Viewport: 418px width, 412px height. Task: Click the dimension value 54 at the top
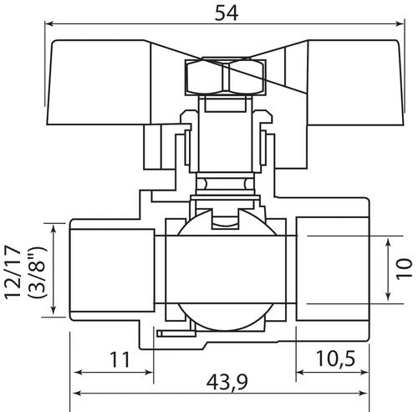(227, 13)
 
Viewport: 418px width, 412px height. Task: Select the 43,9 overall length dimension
(227, 382)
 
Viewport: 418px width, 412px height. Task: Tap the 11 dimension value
(120, 360)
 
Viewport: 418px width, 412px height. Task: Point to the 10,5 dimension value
(335, 359)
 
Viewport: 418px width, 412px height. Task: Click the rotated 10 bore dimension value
(404, 269)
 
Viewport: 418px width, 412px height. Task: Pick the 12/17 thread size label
(13, 272)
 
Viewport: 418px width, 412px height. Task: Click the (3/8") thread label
(36, 272)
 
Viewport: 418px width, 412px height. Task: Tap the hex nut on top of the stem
(226, 76)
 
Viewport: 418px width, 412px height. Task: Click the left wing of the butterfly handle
(99, 82)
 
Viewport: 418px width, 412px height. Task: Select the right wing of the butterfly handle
(355, 82)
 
